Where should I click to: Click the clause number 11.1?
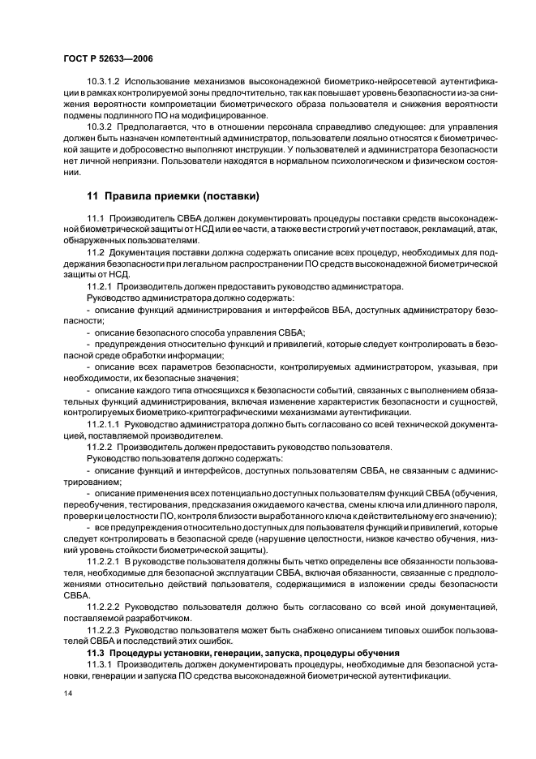[x=95, y=219]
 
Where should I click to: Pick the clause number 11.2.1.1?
[x=103, y=423]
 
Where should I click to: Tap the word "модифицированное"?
[x=225, y=115]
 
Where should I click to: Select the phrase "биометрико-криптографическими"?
[x=181, y=412]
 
